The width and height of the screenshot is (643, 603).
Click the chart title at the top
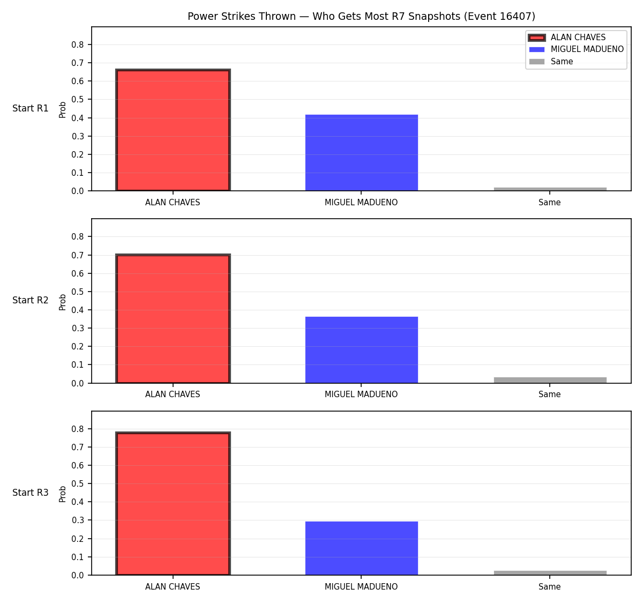361,16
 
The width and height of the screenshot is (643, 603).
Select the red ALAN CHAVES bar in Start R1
173,130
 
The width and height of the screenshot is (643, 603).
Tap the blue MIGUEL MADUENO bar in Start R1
361,153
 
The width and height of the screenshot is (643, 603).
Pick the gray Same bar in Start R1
550,189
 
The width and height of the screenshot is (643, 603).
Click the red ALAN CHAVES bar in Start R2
173,318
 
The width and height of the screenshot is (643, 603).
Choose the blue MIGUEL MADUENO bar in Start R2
361,349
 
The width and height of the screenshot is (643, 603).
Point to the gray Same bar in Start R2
550,380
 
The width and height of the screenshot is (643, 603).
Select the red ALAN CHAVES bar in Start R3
173,503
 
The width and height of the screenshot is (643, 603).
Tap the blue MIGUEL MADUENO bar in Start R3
361,548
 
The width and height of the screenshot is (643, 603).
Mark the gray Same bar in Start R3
550,573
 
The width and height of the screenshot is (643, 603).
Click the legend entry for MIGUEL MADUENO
575,49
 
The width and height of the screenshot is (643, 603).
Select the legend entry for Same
551,62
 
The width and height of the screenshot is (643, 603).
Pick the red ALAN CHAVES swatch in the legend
536,38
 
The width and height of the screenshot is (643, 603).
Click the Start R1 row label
31,108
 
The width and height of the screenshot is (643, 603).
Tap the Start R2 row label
31,300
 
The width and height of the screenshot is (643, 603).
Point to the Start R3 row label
31,493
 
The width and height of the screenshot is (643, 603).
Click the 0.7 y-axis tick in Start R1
77,63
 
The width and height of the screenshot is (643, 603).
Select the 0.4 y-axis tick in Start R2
77,310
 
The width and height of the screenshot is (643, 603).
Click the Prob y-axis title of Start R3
63,494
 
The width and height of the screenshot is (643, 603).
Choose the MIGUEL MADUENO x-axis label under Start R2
361,394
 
